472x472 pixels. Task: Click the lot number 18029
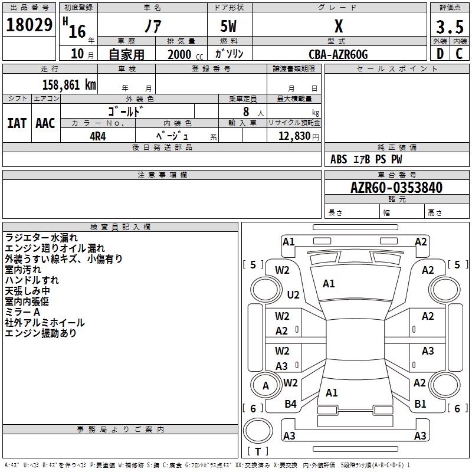point(29,25)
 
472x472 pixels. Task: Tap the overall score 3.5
point(450,27)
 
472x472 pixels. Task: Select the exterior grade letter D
point(440,54)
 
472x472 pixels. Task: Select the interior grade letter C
point(459,54)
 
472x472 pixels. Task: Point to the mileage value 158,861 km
point(69,85)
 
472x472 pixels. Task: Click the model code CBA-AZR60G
point(338,54)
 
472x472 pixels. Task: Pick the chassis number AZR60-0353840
point(396,188)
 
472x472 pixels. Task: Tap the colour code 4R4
point(98,136)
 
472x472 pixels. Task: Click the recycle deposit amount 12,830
point(294,136)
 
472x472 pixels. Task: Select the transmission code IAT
point(17,123)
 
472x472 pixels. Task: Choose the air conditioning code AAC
point(45,123)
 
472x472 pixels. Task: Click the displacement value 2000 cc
point(185,54)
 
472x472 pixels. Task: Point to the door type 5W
point(228,26)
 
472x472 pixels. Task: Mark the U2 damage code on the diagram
point(293,294)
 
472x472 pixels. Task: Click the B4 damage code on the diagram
point(290,404)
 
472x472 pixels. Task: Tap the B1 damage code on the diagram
point(420,404)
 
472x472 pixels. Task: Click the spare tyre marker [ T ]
point(258,451)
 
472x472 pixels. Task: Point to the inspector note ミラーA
point(22,312)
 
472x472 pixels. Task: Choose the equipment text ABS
point(339,159)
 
